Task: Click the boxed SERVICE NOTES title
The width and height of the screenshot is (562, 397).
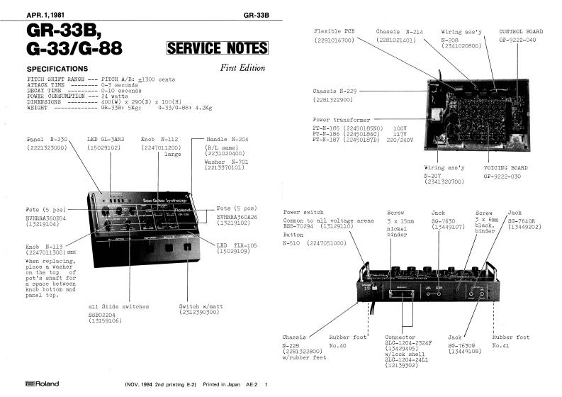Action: (217, 49)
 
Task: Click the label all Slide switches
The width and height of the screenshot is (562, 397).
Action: (118, 306)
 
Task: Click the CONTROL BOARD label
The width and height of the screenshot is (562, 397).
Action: (522, 32)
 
